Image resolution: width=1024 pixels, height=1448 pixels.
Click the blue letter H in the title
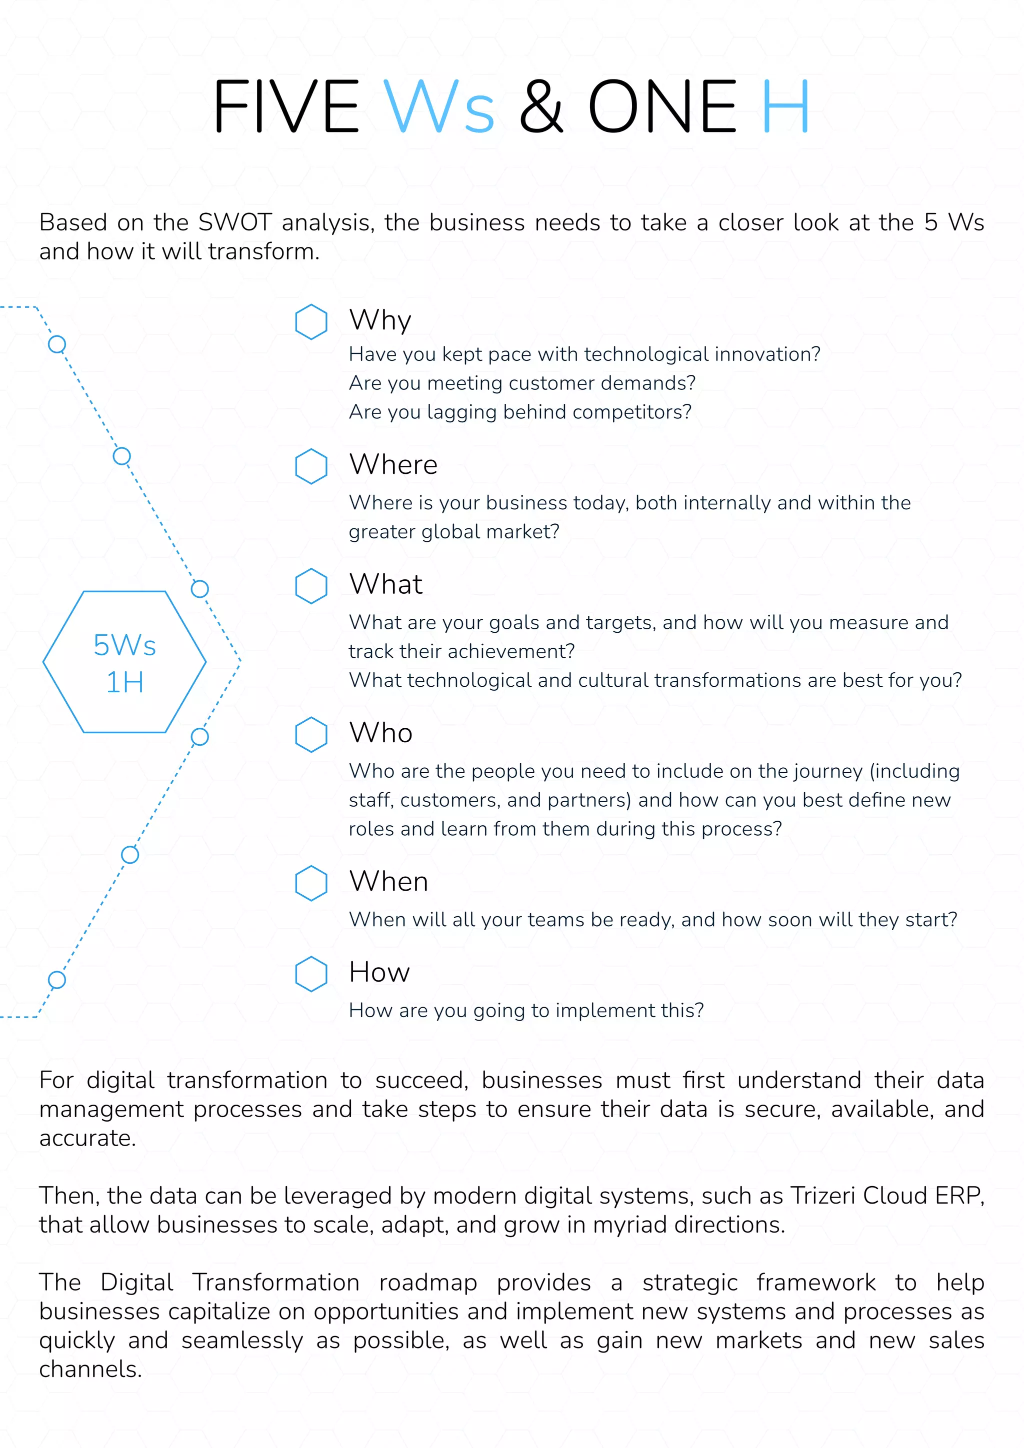(785, 106)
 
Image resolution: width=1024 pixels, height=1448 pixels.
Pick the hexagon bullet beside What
(311, 586)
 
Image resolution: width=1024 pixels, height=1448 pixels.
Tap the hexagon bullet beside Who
(311, 735)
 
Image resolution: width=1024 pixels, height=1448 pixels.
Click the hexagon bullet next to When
(311, 883)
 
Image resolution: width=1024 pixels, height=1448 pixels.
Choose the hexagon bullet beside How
(311, 974)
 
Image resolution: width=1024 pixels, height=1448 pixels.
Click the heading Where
(393, 465)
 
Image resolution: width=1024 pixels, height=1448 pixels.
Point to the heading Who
(380, 733)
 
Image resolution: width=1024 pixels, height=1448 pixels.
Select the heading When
(388, 882)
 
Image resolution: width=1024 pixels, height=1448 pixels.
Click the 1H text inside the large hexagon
(125, 682)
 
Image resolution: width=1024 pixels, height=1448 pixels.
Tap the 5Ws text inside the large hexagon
(125, 645)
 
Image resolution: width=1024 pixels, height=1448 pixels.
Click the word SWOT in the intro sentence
(234, 222)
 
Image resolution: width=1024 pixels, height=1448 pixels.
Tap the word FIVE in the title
(286, 106)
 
